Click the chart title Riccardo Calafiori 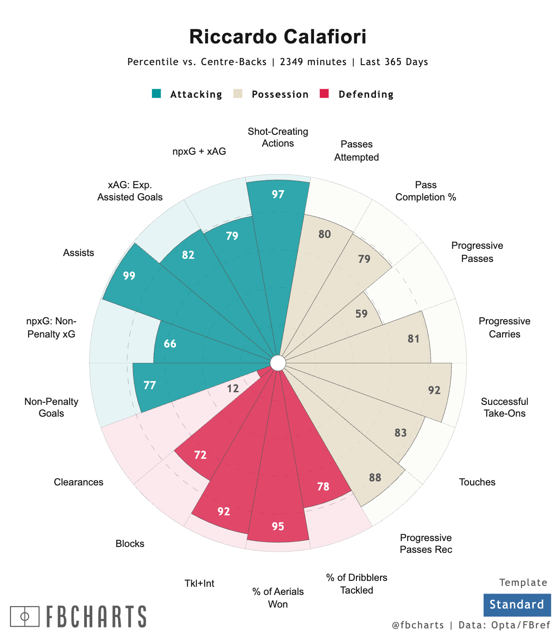[x=278, y=37]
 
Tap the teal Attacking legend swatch [x=157, y=94]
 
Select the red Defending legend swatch [x=324, y=94]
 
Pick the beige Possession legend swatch [x=238, y=94]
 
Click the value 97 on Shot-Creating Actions [x=278, y=195]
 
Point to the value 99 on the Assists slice [x=129, y=276]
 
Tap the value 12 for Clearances [x=233, y=388]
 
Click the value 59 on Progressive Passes [x=361, y=314]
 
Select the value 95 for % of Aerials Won [x=278, y=526]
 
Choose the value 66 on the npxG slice [x=170, y=344]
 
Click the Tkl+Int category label [x=200, y=583]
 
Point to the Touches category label [x=477, y=482]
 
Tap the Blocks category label [x=130, y=543]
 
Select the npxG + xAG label [x=199, y=152]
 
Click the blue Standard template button [x=517, y=604]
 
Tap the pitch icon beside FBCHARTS [x=25, y=616]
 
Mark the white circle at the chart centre [x=278, y=363]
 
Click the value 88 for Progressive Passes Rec [x=375, y=477]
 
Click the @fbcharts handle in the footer [x=418, y=625]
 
